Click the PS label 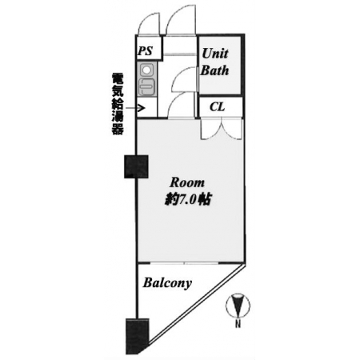(x=146, y=50)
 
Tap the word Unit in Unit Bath (x=215, y=54)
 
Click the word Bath (x=215, y=70)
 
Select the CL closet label (x=218, y=107)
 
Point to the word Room (x=187, y=182)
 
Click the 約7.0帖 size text (x=188, y=199)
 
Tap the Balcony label (x=167, y=283)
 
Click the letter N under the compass (x=238, y=324)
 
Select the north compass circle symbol (x=238, y=306)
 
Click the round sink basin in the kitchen (x=146, y=70)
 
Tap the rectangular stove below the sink (x=146, y=86)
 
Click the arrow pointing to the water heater (x=135, y=108)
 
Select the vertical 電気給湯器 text (x=118, y=104)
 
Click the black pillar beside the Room (x=136, y=166)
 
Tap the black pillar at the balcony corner (x=138, y=336)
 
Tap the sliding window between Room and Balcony (x=184, y=263)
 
